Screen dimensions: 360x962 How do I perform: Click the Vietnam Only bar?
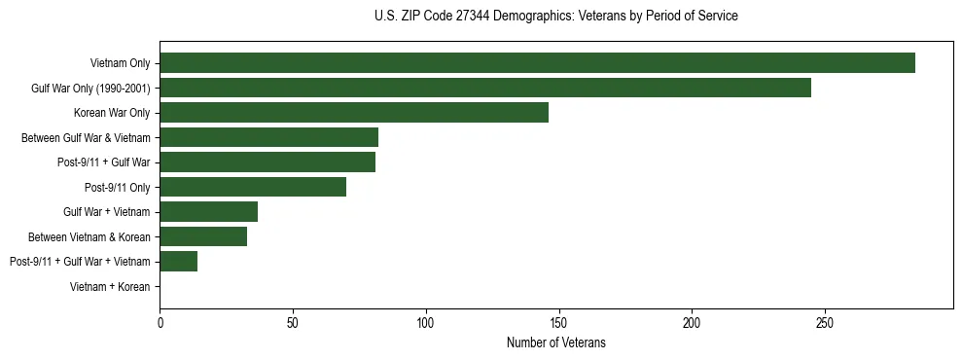[537, 63]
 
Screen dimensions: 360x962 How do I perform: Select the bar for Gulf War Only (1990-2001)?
[485, 88]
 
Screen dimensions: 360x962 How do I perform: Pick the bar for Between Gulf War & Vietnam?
[268, 137]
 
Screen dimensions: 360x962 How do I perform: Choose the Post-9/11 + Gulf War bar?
[267, 162]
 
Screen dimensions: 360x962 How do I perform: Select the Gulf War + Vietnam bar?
[208, 212]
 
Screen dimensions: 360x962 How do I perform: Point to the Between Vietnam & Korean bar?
[203, 236]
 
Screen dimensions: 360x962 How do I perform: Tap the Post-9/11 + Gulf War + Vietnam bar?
[179, 261]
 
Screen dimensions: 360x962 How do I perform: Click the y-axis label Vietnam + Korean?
[110, 286]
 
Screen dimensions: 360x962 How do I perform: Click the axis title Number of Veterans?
[555, 342]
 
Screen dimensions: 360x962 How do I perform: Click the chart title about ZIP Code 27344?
[555, 16]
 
